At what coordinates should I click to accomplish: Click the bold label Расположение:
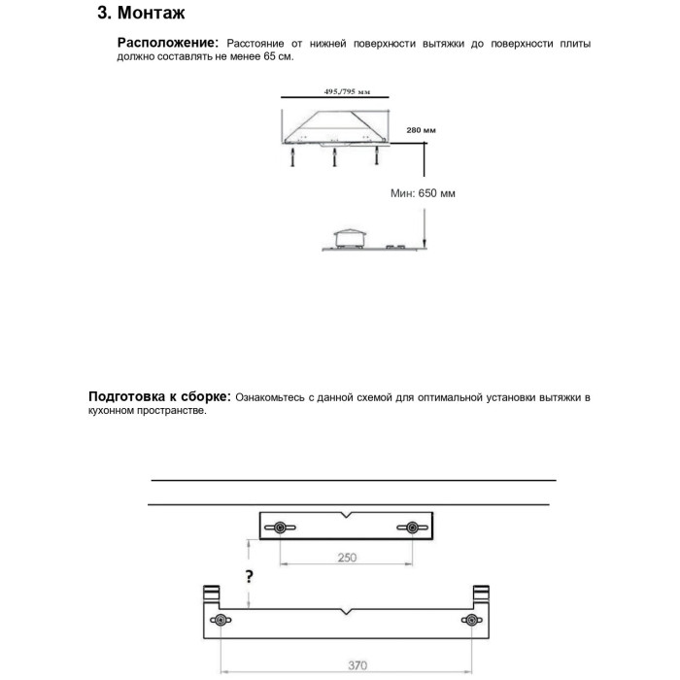click(x=167, y=43)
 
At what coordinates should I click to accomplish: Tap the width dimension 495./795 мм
click(x=347, y=91)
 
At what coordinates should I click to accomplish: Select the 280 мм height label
click(x=421, y=129)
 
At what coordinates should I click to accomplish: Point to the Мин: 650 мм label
click(x=423, y=193)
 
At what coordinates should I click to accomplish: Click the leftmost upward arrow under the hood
click(x=292, y=158)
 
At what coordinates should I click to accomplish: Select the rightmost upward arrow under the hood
click(x=376, y=158)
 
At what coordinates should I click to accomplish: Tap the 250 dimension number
click(x=347, y=558)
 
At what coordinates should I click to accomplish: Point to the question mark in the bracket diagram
click(x=250, y=576)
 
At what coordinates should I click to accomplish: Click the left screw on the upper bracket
click(x=280, y=527)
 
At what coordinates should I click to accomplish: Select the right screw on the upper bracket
click(x=413, y=527)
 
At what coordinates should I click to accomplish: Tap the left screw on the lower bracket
click(x=221, y=621)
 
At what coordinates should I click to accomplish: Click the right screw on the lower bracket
click(x=471, y=621)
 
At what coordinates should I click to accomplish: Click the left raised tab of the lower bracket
click(x=209, y=595)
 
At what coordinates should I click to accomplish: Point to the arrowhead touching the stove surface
click(x=425, y=246)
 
